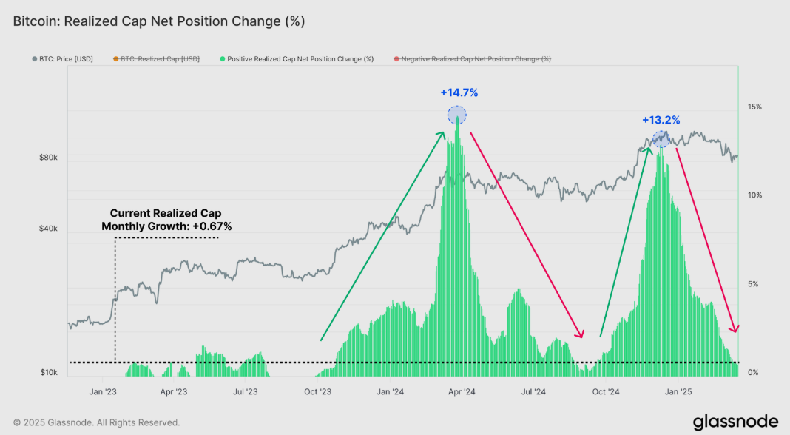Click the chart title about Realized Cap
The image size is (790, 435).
pyautogui.click(x=159, y=21)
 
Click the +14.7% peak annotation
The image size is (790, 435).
pyautogui.click(x=459, y=93)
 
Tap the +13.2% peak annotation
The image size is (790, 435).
pyautogui.click(x=661, y=120)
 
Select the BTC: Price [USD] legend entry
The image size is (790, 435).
pyautogui.click(x=63, y=59)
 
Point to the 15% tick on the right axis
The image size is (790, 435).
pyautogui.click(x=754, y=107)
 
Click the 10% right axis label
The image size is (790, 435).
pyautogui.click(x=754, y=195)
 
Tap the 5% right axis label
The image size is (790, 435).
pyautogui.click(x=752, y=284)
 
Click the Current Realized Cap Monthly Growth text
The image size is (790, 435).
pyautogui.click(x=166, y=220)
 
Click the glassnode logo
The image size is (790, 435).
pyautogui.click(x=735, y=422)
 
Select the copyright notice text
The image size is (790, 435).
pyautogui.click(x=96, y=422)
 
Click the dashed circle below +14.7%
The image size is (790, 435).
pyautogui.click(x=457, y=115)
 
